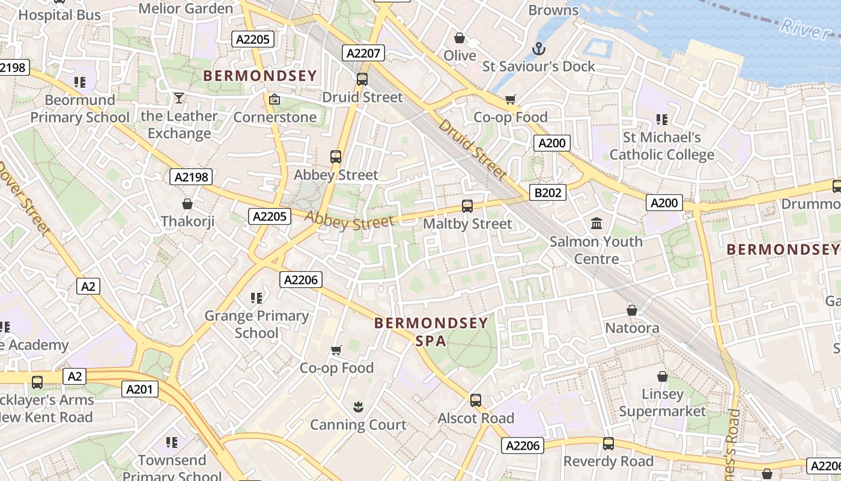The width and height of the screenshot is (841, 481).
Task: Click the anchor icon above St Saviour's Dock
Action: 539,48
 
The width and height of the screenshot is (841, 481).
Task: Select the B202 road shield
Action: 548,192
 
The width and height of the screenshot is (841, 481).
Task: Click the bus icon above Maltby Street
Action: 467,206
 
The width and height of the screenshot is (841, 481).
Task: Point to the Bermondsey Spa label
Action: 431,332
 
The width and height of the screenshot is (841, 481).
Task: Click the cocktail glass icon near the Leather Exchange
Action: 178,97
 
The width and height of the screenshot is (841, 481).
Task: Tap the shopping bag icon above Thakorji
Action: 187,204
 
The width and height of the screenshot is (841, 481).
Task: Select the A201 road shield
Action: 139,389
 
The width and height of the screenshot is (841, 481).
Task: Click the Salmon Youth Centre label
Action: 597,250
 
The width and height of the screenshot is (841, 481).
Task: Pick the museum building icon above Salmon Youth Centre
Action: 597,224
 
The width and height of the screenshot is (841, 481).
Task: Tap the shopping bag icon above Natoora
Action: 632,310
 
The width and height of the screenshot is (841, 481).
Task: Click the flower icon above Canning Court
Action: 358,407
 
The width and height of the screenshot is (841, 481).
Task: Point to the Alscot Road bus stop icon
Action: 476,400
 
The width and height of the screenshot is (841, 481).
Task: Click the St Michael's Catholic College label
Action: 662,146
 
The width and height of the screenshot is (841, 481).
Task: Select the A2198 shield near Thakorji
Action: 191,177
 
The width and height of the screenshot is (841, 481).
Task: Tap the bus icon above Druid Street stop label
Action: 362,79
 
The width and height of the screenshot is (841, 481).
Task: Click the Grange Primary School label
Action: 257,324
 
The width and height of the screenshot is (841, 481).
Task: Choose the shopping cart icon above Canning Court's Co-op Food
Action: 336,350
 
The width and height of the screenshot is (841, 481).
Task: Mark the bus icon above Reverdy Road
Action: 609,444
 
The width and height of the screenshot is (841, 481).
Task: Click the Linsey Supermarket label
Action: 663,403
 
